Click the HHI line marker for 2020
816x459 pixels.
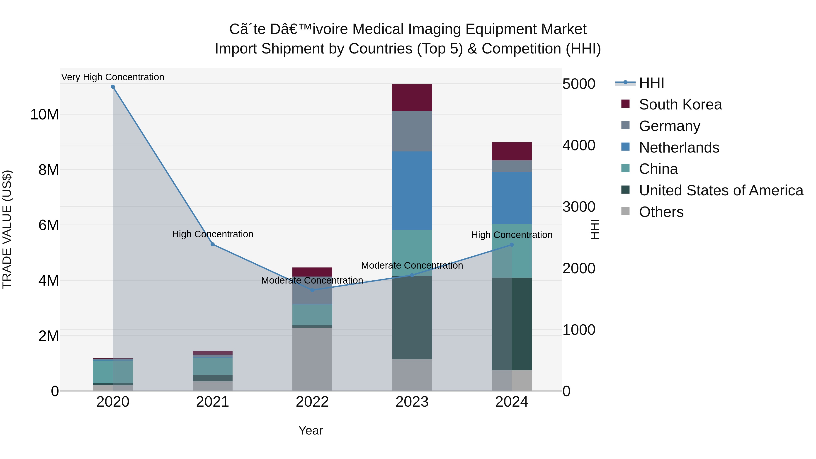coord(113,87)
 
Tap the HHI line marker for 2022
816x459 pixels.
coord(312,290)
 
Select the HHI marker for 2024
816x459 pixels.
coord(512,245)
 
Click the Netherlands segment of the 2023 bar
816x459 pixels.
coord(412,190)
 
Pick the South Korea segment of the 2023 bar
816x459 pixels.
coord(412,97)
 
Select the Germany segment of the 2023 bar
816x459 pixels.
coord(412,131)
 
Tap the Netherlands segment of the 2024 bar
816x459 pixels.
coord(512,198)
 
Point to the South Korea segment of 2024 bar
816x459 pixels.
coord(512,151)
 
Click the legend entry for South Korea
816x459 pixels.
coord(680,104)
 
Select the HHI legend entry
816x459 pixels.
coord(651,83)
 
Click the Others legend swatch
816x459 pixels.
coord(625,211)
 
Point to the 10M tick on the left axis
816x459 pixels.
coord(44,114)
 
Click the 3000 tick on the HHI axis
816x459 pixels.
coord(579,207)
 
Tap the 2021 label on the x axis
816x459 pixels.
coord(213,402)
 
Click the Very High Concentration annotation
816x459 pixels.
coord(113,77)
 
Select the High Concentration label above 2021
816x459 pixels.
coord(213,234)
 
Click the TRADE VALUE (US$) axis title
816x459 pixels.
coord(7,229)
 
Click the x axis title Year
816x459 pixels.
coord(311,430)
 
